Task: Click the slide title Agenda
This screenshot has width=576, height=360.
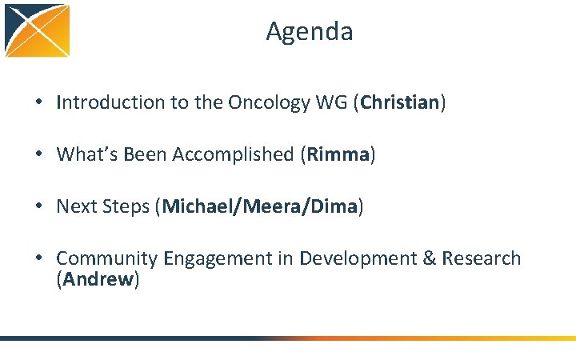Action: click(310, 31)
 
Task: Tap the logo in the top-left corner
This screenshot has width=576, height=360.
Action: click(37, 30)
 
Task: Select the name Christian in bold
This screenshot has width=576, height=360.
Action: click(400, 102)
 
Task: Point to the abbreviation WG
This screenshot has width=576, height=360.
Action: click(328, 102)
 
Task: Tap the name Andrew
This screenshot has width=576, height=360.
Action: click(98, 280)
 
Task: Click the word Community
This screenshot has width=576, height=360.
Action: click(107, 258)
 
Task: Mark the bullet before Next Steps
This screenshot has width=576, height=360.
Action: click(38, 207)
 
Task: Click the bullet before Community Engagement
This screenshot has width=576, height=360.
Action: click(38, 259)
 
